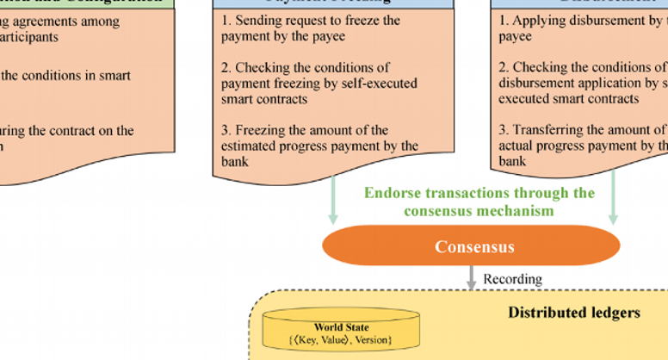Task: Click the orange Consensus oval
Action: (x=471, y=247)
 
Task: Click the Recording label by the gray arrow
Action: (x=512, y=279)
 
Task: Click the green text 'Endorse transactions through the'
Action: (x=479, y=193)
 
